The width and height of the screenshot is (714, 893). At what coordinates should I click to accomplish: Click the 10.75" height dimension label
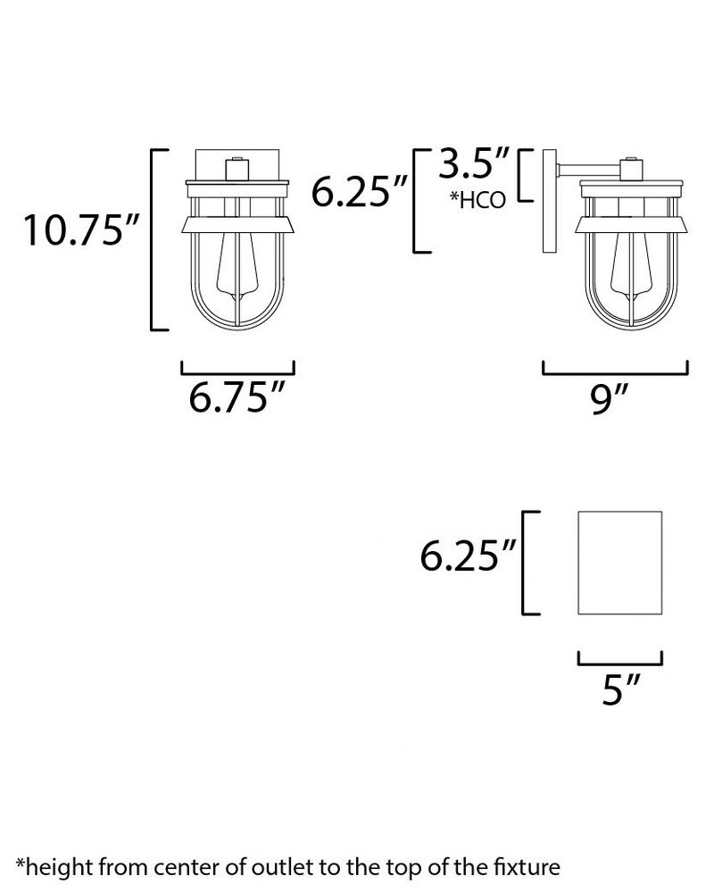(81, 230)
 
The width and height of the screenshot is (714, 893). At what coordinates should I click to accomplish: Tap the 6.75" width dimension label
(237, 396)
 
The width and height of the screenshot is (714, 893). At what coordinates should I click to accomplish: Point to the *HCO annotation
(477, 200)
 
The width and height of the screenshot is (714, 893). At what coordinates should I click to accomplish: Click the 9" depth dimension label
(609, 398)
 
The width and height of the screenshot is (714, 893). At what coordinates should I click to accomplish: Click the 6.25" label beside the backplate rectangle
(468, 555)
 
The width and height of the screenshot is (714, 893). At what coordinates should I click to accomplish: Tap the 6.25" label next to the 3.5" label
(360, 191)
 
